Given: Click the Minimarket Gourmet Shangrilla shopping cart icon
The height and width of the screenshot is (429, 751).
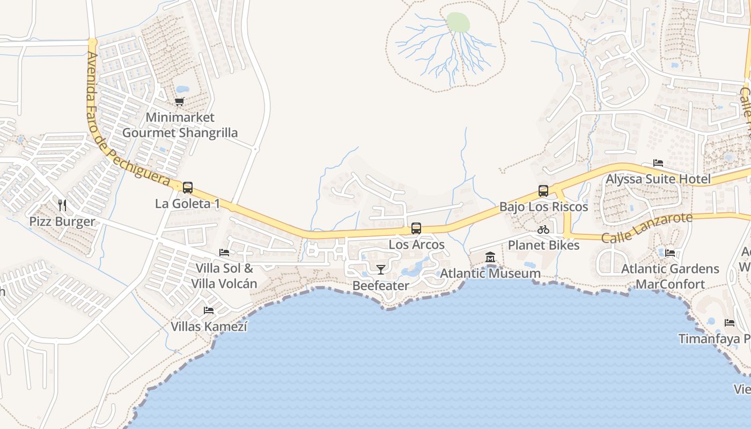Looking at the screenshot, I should tap(180, 101).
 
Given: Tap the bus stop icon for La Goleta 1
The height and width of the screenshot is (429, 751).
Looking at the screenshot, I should tap(188, 188).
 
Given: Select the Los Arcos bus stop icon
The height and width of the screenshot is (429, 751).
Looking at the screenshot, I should tap(416, 228).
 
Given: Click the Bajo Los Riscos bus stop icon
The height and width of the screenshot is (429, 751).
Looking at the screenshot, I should tap(543, 191).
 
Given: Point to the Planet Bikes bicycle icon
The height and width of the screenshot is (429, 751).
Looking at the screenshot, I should tap(543, 230).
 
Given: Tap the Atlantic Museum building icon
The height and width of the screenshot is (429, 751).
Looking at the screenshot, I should tap(490, 258).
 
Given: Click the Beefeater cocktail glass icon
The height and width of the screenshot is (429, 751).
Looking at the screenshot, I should tap(381, 269).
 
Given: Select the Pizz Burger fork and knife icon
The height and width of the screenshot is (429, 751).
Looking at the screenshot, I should tap(62, 205).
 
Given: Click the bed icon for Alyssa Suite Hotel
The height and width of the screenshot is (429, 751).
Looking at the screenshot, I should tap(658, 163).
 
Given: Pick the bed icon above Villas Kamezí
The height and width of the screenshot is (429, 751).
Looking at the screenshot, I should tap(209, 310).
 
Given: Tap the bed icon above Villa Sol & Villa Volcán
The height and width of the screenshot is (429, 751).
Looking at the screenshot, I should tap(224, 252).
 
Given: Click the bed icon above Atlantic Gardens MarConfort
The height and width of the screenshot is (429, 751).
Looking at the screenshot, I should tap(670, 253).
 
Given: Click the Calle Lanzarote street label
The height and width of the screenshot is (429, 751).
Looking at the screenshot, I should tap(647, 228).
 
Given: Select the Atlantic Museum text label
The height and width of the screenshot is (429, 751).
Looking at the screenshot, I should tap(490, 273).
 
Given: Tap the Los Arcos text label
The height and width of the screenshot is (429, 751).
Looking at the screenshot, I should tap(417, 245).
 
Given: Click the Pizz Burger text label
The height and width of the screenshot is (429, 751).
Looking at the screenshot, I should tap(62, 221).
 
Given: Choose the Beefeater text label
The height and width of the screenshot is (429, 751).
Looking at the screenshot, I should tap(381, 286).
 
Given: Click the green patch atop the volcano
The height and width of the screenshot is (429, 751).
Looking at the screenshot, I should tap(458, 23).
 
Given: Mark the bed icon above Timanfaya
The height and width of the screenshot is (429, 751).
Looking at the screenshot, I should tap(730, 323).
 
